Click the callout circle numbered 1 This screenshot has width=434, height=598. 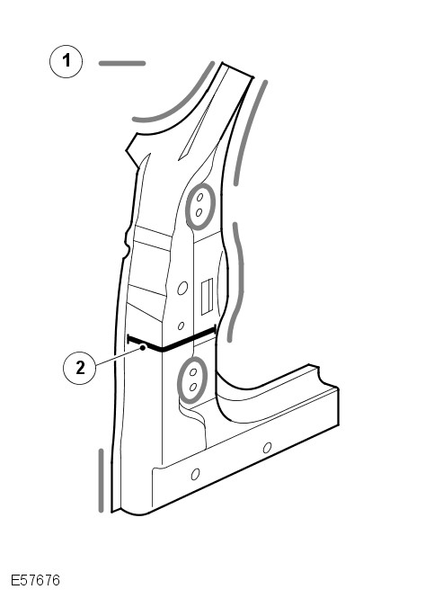(x=66, y=61)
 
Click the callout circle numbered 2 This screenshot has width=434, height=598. (x=80, y=368)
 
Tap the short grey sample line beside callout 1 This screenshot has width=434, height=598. (x=122, y=63)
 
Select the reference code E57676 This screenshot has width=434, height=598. (x=35, y=580)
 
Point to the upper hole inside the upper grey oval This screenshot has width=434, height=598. (x=199, y=198)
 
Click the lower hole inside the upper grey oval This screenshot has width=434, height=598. (x=199, y=212)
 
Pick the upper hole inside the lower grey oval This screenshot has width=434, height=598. (x=193, y=372)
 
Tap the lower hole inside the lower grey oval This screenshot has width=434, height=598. (x=193, y=387)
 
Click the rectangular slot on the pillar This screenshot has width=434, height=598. (x=207, y=297)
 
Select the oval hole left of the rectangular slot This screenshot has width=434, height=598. (x=182, y=288)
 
